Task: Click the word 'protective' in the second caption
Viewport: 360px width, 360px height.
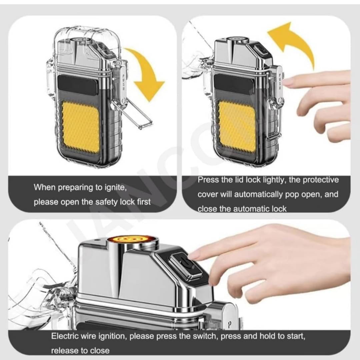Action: pyautogui.click(x=321, y=180)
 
